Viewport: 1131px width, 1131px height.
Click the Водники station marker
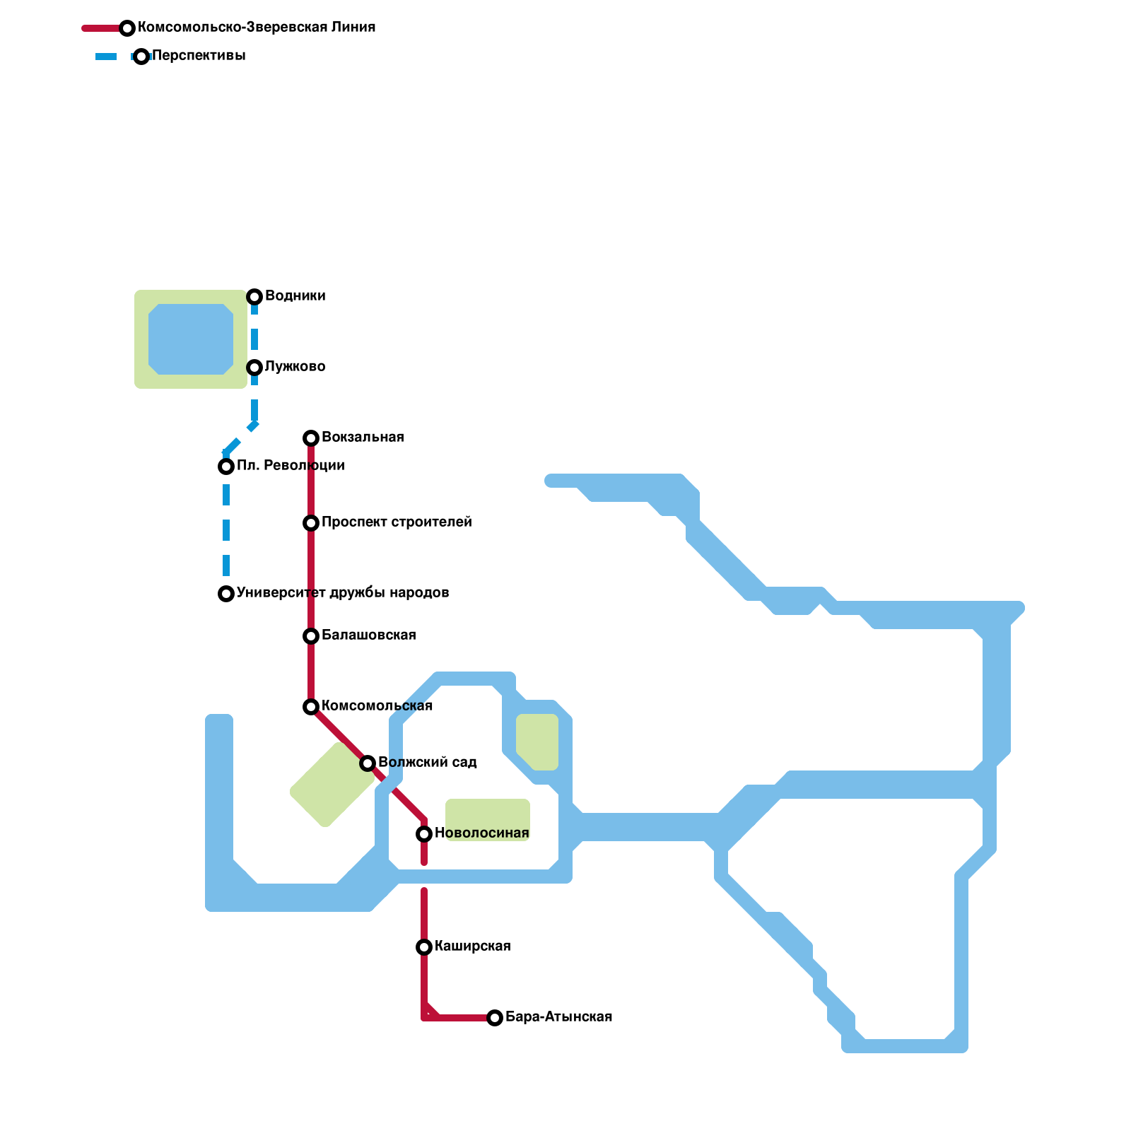coord(254,297)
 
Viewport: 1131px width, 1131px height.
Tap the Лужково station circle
coord(254,368)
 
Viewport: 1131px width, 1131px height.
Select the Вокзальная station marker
coord(311,438)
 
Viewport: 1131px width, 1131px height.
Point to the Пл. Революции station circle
coord(226,467)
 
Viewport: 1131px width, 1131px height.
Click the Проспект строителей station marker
coord(311,523)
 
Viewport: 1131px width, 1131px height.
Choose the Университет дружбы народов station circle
coord(226,594)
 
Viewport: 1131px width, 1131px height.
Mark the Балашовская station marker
coord(311,636)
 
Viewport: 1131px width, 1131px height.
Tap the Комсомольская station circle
coord(311,707)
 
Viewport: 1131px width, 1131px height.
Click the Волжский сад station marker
coord(368,763)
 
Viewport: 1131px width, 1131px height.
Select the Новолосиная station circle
coord(424,834)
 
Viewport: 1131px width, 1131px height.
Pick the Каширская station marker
coord(424,947)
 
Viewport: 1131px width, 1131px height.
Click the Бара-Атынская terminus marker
coord(495,1018)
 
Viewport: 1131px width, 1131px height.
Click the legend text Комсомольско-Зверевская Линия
coord(257,28)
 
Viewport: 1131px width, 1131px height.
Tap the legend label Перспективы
coord(199,56)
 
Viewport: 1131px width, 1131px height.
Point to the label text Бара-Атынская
coord(558,1016)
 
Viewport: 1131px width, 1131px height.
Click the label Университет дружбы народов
coord(343,592)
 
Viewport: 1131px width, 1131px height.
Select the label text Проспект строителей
coord(397,522)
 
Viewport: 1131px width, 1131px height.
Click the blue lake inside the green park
coord(191,339)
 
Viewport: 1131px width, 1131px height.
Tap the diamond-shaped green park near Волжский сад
coord(332,785)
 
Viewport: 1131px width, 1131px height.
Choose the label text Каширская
coord(472,946)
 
